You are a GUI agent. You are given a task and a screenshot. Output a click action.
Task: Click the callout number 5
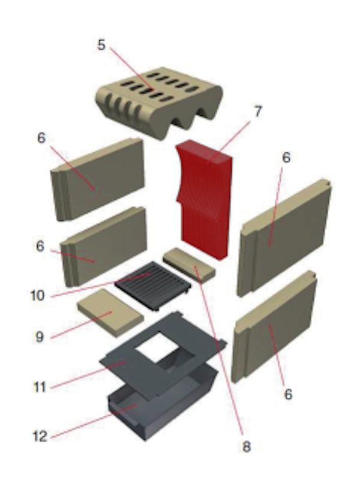(101, 45)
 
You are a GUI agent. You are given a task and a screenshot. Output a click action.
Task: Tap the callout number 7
(258, 112)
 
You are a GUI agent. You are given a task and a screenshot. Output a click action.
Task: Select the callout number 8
(246, 447)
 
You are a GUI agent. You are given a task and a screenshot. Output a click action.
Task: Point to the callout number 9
(40, 337)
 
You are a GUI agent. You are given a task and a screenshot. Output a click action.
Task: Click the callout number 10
(38, 295)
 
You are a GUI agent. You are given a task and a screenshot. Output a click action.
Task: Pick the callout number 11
(40, 387)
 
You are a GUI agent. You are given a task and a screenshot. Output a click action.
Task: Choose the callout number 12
(40, 436)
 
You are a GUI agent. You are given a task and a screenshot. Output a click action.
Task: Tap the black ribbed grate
(152, 286)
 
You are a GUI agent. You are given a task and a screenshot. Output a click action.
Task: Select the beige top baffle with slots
(159, 102)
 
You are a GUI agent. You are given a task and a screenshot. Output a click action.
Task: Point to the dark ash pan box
(161, 403)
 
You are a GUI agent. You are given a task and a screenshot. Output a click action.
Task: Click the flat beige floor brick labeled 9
(110, 313)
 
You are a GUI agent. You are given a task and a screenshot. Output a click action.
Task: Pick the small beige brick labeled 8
(189, 265)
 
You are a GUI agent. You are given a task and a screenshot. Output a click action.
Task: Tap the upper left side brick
(98, 179)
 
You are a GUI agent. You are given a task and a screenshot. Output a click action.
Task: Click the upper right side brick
(284, 237)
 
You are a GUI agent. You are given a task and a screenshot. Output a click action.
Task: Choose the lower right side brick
(274, 327)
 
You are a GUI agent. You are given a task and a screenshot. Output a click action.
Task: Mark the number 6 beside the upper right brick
(286, 157)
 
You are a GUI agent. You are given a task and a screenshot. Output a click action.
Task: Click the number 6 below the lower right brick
(288, 394)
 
